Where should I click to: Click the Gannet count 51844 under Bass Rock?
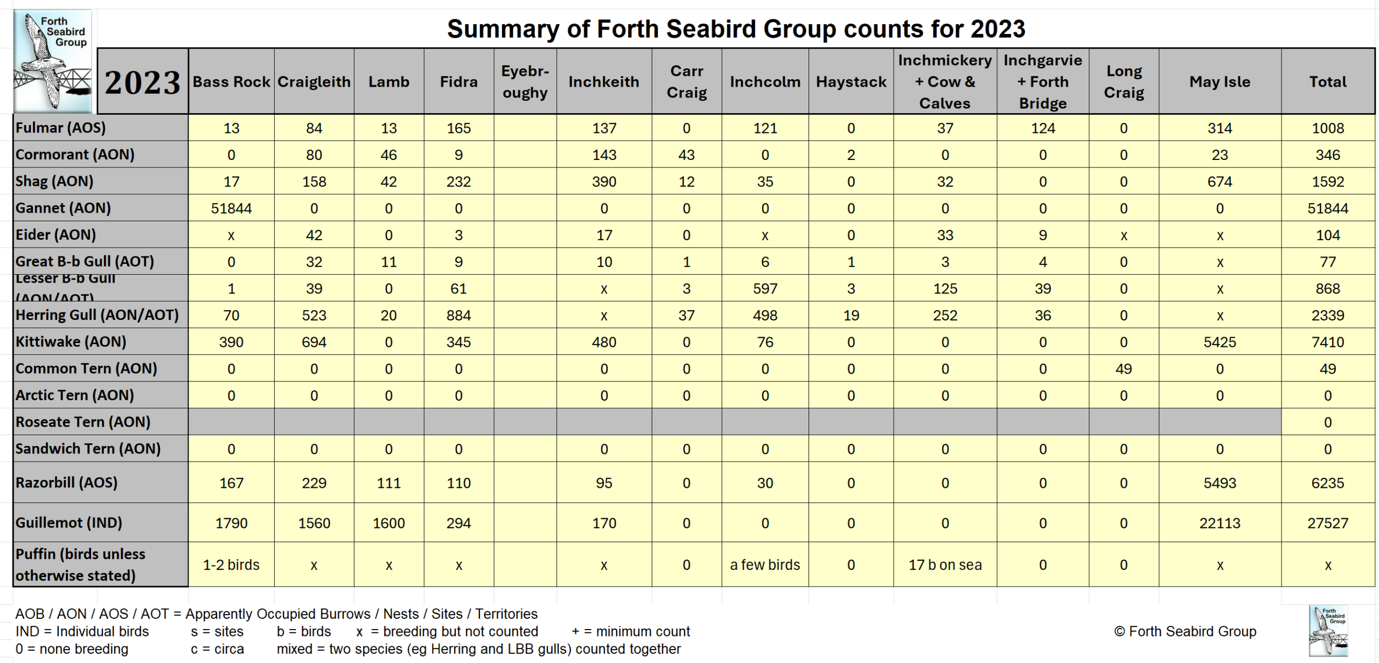pyautogui.click(x=231, y=208)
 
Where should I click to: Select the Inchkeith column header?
pyautogui.click(x=603, y=82)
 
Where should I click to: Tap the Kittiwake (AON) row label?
pyautogui.click(x=71, y=341)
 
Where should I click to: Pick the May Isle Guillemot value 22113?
pyautogui.click(x=1220, y=523)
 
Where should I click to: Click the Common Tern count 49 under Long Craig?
pyautogui.click(x=1123, y=369)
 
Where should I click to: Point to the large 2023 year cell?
pyautogui.click(x=142, y=82)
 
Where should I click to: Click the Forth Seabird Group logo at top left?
pyautogui.click(x=53, y=60)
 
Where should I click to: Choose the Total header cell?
pyautogui.click(x=1327, y=82)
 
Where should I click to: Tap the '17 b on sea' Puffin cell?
pyautogui.click(x=945, y=564)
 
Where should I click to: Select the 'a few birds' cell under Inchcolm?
pyautogui.click(x=764, y=564)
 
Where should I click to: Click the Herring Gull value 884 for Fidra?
pyautogui.click(x=458, y=315)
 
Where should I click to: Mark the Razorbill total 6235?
pyautogui.click(x=1327, y=483)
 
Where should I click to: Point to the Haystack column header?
pyautogui.click(x=851, y=82)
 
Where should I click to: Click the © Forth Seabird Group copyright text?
pyautogui.click(x=1185, y=631)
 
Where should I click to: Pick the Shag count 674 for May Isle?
pyautogui.click(x=1220, y=182)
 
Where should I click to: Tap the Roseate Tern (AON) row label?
pyautogui.click(x=83, y=422)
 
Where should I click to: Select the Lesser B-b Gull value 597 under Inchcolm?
pyautogui.click(x=764, y=289)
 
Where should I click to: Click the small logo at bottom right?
pyautogui.click(x=1328, y=630)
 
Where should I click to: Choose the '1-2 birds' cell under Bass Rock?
pyautogui.click(x=231, y=564)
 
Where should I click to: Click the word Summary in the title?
pyautogui.click(x=503, y=29)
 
